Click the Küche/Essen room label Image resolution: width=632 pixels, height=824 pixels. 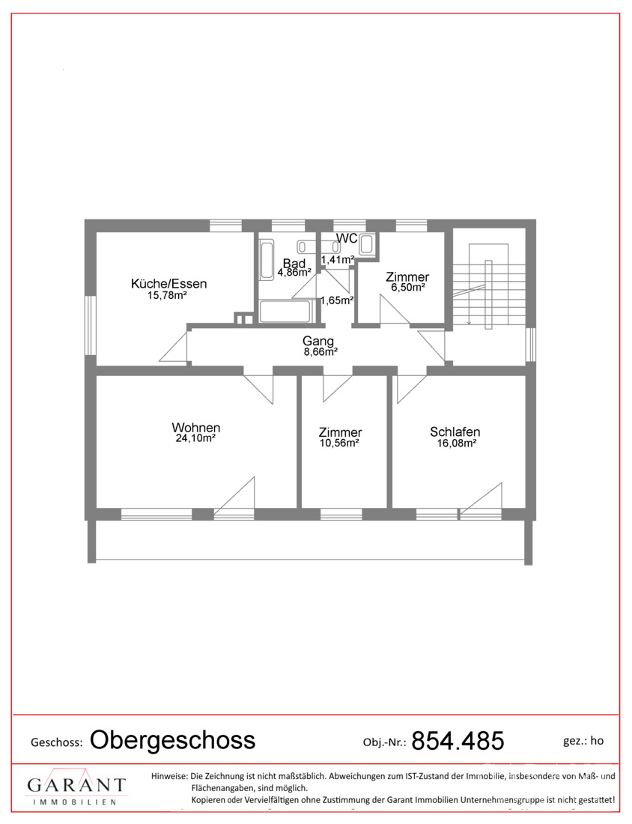click(x=168, y=284)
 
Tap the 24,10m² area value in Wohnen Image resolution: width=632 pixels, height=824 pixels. click(x=195, y=438)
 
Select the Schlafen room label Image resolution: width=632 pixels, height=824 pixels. click(x=455, y=432)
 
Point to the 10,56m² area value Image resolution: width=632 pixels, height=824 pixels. click(x=339, y=443)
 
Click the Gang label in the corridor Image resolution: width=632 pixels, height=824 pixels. click(x=317, y=341)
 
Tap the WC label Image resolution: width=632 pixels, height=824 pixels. click(x=347, y=238)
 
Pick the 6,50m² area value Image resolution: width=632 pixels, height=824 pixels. click(x=407, y=288)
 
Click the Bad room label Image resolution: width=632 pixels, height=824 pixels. click(x=294, y=263)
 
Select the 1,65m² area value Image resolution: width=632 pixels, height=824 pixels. click(x=337, y=300)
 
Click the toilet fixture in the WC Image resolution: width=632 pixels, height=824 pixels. click(x=367, y=244)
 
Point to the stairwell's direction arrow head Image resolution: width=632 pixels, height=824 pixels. click(x=469, y=322)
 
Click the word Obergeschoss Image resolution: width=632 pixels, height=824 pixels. click(x=172, y=740)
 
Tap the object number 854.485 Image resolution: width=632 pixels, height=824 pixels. click(x=458, y=740)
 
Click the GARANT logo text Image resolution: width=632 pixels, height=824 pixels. click(x=76, y=786)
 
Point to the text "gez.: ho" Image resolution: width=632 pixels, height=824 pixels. click(x=583, y=741)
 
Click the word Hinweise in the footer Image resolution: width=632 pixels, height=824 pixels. click(x=169, y=775)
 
